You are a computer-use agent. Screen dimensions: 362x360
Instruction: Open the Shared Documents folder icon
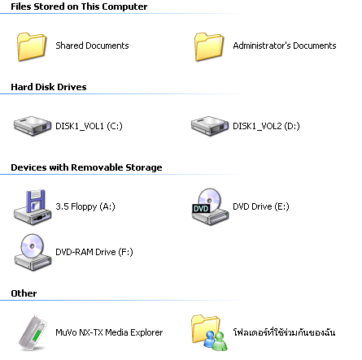(x=32, y=46)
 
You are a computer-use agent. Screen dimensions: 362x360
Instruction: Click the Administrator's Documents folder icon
(x=209, y=46)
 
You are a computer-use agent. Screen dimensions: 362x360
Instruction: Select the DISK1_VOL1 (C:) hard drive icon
(x=33, y=126)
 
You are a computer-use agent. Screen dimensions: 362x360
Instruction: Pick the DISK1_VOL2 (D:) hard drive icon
(x=210, y=126)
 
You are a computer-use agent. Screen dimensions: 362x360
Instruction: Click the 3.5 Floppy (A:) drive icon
(x=33, y=207)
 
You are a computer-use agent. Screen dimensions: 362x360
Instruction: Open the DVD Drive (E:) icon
(x=210, y=206)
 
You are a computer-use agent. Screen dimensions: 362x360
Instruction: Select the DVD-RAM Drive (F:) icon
(x=33, y=253)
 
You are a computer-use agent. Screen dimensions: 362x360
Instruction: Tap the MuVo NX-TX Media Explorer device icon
(x=33, y=333)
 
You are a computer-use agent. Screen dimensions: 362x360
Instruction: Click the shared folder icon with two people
(x=210, y=332)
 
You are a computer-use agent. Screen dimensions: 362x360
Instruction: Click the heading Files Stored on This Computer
(x=79, y=7)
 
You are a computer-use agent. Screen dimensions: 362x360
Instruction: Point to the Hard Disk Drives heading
(x=49, y=87)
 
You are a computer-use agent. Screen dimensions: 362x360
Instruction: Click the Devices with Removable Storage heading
(x=86, y=167)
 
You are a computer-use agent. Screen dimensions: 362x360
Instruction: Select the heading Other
(x=24, y=293)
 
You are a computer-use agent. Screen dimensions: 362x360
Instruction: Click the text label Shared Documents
(x=92, y=46)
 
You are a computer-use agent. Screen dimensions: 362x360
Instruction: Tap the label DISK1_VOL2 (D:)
(x=266, y=126)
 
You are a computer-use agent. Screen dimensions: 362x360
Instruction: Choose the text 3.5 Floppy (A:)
(x=85, y=206)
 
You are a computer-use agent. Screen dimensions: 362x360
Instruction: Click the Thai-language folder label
(x=284, y=332)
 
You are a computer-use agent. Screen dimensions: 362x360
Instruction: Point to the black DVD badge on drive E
(x=201, y=208)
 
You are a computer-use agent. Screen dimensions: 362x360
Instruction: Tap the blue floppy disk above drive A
(x=35, y=201)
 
